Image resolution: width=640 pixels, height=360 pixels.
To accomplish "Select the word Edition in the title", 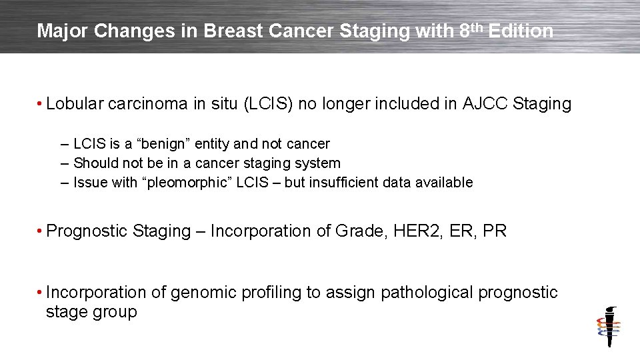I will point(521,31).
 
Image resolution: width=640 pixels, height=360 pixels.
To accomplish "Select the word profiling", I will point(257,293).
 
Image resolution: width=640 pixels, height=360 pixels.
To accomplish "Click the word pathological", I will point(425,293).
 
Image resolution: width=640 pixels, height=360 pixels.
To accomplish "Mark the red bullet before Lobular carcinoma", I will point(41,105).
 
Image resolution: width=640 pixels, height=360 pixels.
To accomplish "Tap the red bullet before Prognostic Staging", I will point(41,232).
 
